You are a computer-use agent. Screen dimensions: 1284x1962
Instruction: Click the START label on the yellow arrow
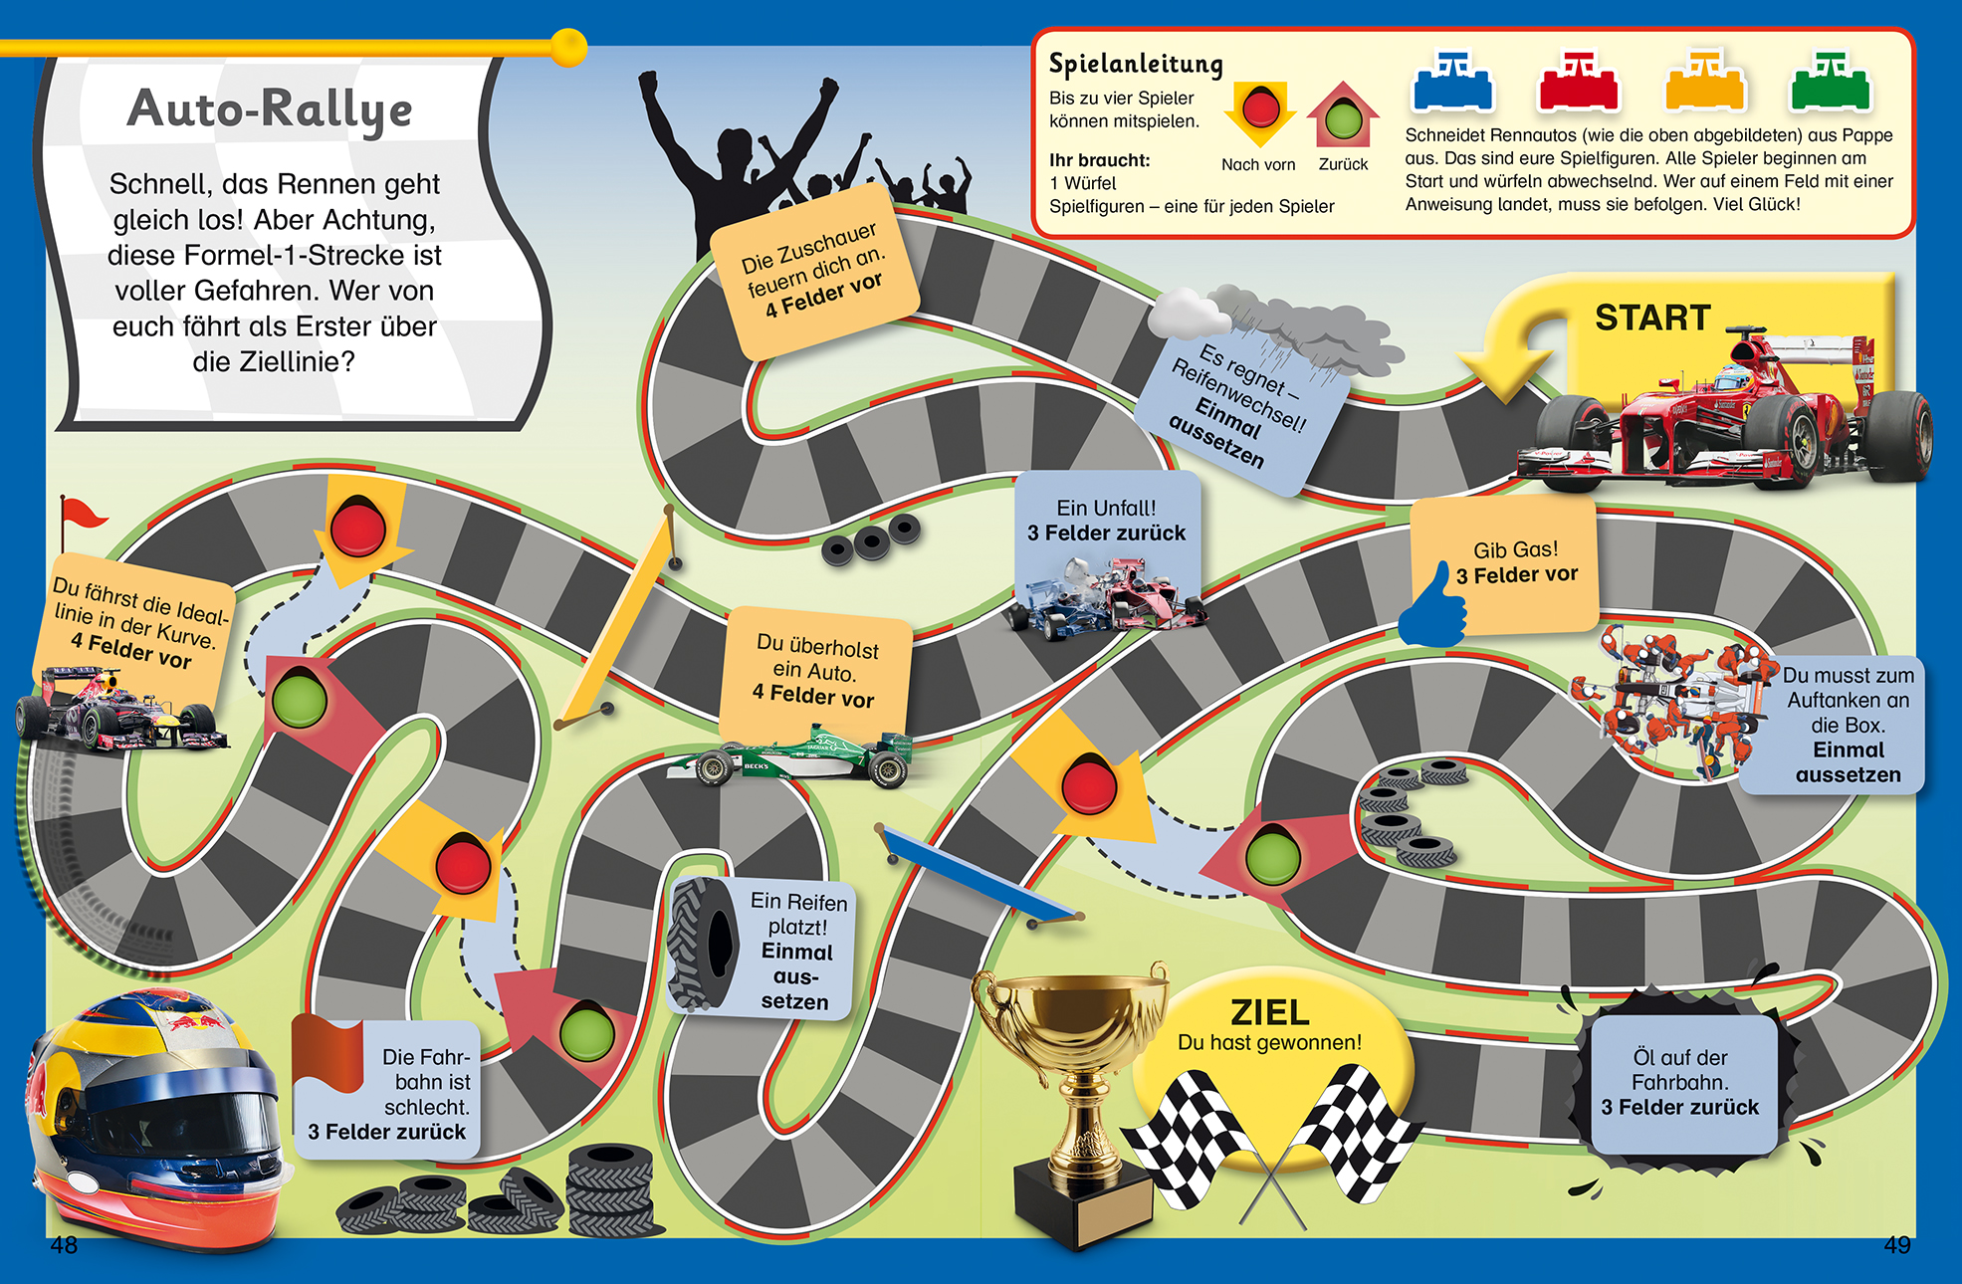[x=1652, y=318]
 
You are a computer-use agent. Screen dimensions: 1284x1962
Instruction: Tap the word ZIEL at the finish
[x=1269, y=1012]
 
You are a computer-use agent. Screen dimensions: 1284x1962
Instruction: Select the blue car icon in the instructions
[x=1452, y=83]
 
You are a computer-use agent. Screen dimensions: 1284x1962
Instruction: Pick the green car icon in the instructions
[x=1831, y=83]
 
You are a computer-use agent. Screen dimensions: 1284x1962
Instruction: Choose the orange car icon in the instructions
[x=1705, y=83]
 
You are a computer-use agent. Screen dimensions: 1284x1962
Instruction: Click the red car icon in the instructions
[x=1579, y=83]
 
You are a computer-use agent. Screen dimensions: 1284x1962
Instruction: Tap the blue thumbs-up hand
[x=1433, y=607]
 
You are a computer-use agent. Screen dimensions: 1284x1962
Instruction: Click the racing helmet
[x=154, y=1115]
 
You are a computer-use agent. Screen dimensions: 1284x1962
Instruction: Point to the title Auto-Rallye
[x=269, y=109]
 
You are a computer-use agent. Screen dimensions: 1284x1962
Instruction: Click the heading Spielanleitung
[x=1136, y=65]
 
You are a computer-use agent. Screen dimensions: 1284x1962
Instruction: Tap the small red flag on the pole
[x=82, y=514]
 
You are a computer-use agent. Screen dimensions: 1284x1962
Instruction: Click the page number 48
[x=64, y=1245]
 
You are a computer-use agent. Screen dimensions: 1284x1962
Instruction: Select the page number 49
[x=1897, y=1245]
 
